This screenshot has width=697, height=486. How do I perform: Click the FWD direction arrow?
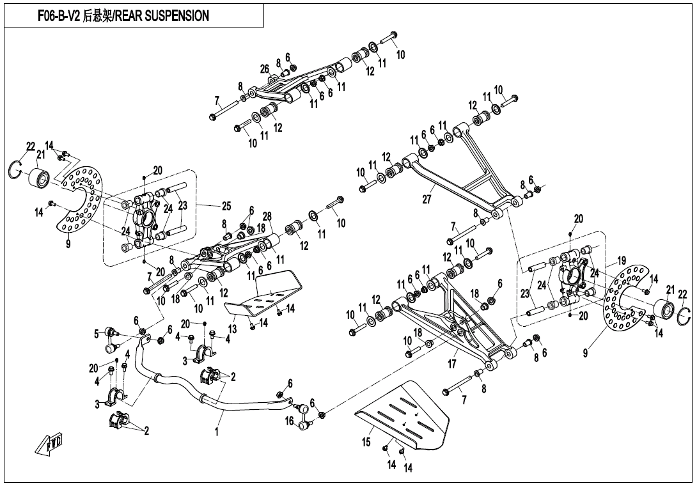(50, 443)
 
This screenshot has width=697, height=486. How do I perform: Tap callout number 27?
(427, 200)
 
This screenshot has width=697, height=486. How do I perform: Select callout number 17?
(452, 364)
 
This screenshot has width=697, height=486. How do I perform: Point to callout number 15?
(366, 442)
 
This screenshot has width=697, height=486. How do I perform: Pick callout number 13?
(233, 329)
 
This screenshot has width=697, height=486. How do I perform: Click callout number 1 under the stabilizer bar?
(217, 431)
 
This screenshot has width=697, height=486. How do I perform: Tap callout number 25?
(226, 206)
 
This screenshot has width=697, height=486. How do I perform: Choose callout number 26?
(265, 69)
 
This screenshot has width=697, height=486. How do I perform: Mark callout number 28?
(267, 216)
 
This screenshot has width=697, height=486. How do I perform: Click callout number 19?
(621, 260)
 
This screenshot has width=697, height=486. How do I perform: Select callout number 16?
(290, 421)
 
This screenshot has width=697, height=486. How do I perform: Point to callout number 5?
(97, 333)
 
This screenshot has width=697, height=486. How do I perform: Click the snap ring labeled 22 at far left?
(15, 169)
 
